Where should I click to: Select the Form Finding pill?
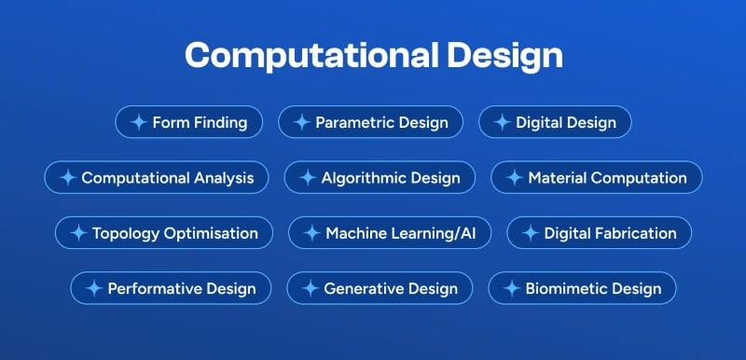[x=188, y=122]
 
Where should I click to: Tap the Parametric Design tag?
[x=371, y=122]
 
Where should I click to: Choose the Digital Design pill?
[x=554, y=122]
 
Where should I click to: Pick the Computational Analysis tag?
[x=157, y=177]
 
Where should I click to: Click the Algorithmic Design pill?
[x=379, y=177]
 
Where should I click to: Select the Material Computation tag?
[x=596, y=177]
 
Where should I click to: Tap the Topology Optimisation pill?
[x=163, y=233]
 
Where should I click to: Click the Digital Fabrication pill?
[x=599, y=233]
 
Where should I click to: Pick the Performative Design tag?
[x=170, y=288]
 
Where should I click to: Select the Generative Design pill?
[x=380, y=288]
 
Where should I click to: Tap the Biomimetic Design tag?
[x=582, y=288]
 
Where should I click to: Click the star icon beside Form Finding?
[x=138, y=122]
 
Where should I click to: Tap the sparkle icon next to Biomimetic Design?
[x=511, y=288]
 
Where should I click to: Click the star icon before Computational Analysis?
[x=67, y=177]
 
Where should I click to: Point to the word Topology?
[x=126, y=233]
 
